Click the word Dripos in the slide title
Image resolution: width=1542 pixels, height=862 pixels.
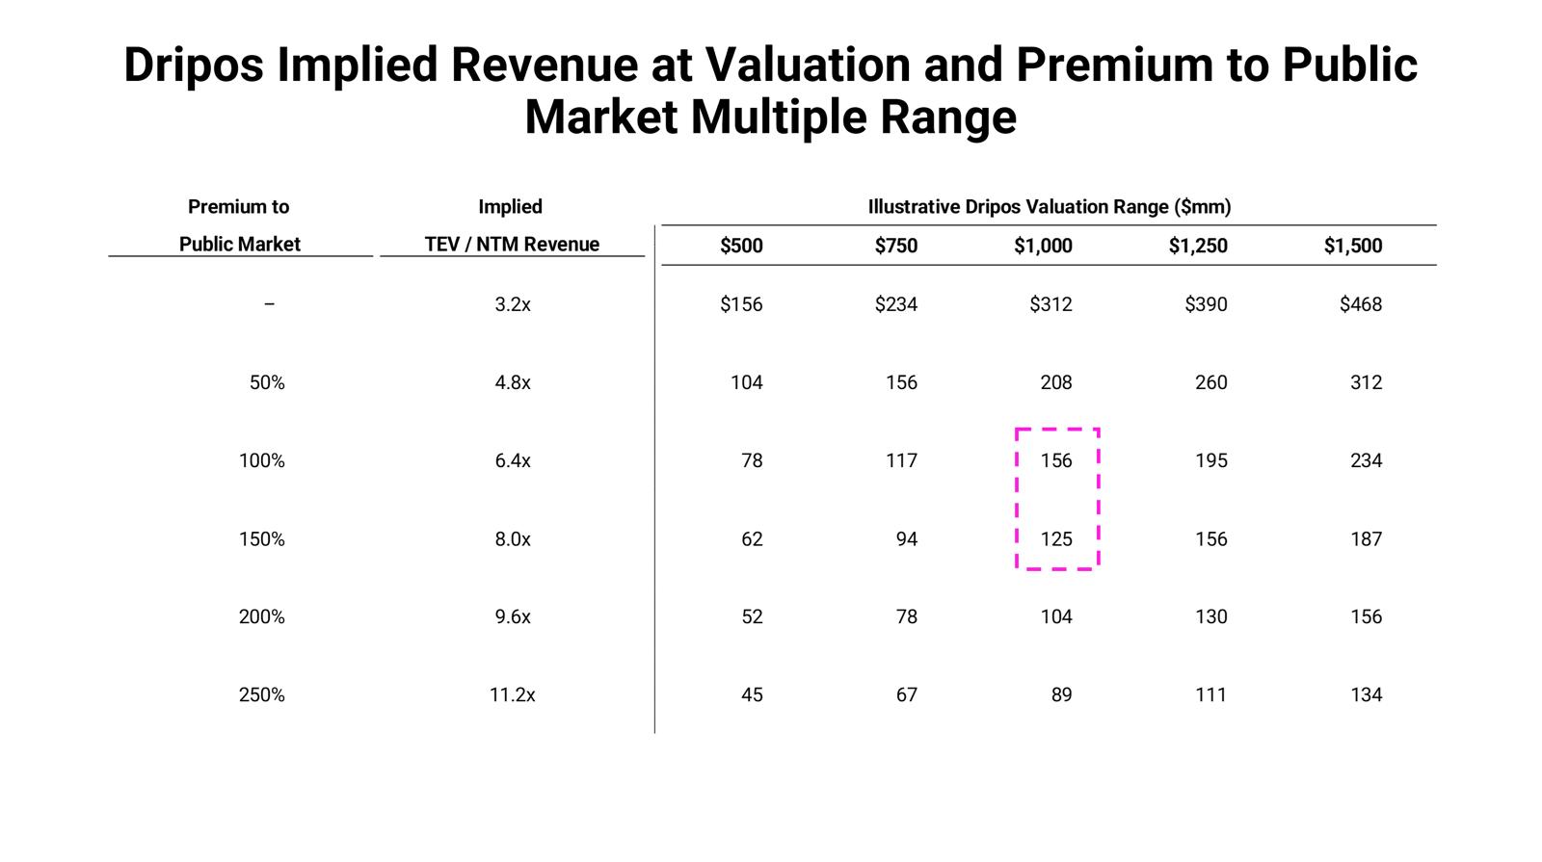pyautogui.click(x=193, y=65)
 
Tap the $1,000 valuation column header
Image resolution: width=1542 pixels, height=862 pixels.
pyautogui.click(x=1043, y=246)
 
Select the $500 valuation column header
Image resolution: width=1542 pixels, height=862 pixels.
pyautogui.click(x=741, y=246)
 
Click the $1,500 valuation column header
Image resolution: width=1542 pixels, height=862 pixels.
pyautogui.click(x=1352, y=246)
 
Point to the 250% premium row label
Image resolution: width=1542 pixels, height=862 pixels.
pyautogui.click(x=262, y=694)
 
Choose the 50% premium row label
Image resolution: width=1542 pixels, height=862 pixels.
pyautogui.click(x=267, y=382)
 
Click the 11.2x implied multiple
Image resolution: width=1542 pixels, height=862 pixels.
pyautogui.click(x=512, y=694)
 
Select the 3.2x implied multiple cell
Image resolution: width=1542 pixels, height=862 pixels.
pyautogui.click(x=512, y=304)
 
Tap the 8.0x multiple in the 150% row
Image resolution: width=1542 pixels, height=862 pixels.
pyautogui.click(x=512, y=539)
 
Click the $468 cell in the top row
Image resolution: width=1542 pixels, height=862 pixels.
pyautogui.click(x=1360, y=304)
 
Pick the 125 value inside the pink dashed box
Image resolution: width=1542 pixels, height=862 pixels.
pyautogui.click(x=1056, y=539)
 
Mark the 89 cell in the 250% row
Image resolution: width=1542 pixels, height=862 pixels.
pyautogui.click(x=1061, y=694)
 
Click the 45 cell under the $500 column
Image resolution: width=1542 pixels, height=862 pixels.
pyautogui.click(x=752, y=694)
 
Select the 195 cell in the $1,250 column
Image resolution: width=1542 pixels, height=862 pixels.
pyautogui.click(x=1211, y=460)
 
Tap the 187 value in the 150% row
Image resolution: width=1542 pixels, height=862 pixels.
pyautogui.click(x=1366, y=539)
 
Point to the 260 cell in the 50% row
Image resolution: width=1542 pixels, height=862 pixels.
pyautogui.click(x=1211, y=382)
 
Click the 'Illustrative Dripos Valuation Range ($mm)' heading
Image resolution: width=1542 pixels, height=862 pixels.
pyautogui.click(x=1049, y=206)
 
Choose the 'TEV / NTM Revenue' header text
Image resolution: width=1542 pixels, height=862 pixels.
pyautogui.click(x=512, y=245)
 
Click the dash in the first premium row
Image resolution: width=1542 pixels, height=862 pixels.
pyautogui.click(x=269, y=304)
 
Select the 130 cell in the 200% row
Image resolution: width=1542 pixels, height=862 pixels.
pyautogui.click(x=1211, y=616)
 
